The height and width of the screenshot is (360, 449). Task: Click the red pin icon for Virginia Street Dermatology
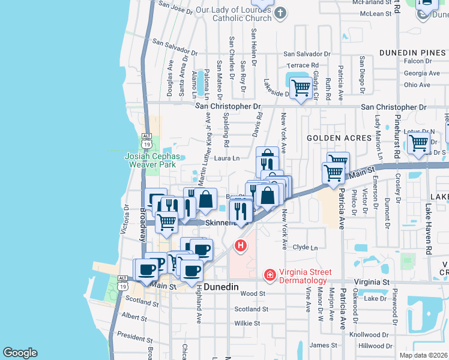270,275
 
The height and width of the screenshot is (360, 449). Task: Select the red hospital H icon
241,245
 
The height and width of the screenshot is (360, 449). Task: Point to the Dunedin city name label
222,287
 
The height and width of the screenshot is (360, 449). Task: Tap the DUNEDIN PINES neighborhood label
411,52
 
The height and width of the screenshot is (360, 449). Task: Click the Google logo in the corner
20,353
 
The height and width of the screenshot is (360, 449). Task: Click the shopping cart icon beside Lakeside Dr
300,88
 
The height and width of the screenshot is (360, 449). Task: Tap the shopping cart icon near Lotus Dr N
418,143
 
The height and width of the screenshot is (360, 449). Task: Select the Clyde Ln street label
305,247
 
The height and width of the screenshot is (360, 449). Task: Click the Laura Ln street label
228,158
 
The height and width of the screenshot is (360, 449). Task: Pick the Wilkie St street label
247,323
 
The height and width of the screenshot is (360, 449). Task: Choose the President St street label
136,335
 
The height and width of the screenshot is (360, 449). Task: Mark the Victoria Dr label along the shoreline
126,220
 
